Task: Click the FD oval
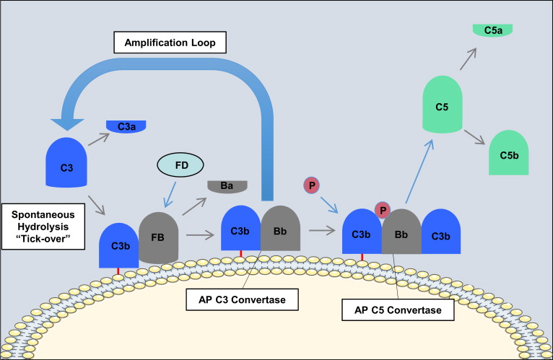pyautogui.click(x=180, y=165)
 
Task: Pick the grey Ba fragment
pyautogui.click(x=228, y=186)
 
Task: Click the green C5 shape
pyautogui.click(x=447, y=109)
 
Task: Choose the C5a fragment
pyautogui.click(x=492, y=30)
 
